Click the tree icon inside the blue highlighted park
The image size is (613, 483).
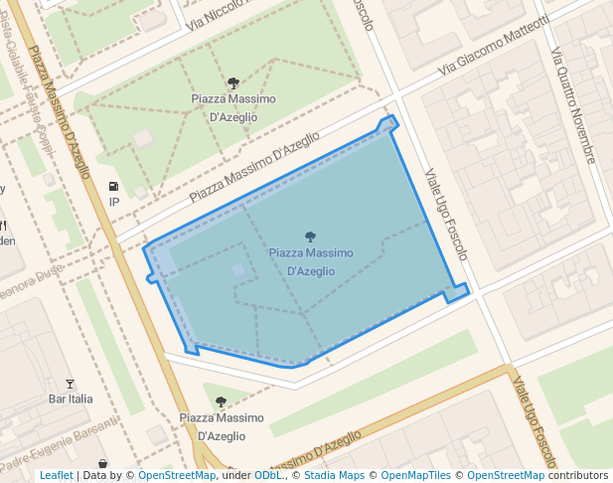310,238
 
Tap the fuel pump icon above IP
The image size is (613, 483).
113,186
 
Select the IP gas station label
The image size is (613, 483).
113,202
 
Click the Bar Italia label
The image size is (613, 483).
71,399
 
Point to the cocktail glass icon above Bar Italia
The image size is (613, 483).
70,384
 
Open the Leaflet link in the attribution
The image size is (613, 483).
56,475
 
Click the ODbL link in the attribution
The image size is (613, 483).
268,475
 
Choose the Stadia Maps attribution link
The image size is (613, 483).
332,475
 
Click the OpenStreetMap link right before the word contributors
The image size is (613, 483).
506,475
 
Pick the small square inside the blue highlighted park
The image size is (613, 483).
238,269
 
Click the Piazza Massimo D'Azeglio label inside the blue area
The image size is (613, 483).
310,261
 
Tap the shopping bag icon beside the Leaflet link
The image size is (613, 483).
103,464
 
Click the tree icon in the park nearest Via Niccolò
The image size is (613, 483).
232,83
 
